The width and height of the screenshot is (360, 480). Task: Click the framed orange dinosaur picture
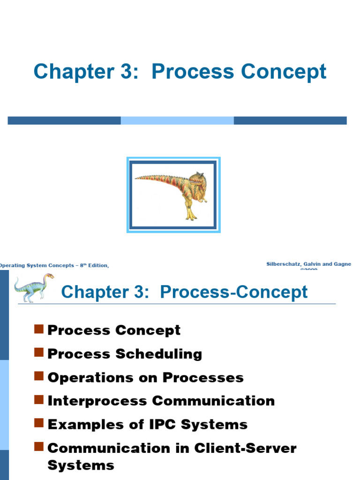click(173, 195)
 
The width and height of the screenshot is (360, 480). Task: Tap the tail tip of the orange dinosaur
click(137, 178)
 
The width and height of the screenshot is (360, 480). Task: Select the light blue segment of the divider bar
click(177, 120)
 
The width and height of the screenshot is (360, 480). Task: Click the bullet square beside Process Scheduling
click(39, 352)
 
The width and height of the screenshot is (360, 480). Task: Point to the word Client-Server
click(251, 448)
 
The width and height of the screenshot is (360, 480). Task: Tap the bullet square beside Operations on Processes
click(39, 375)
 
